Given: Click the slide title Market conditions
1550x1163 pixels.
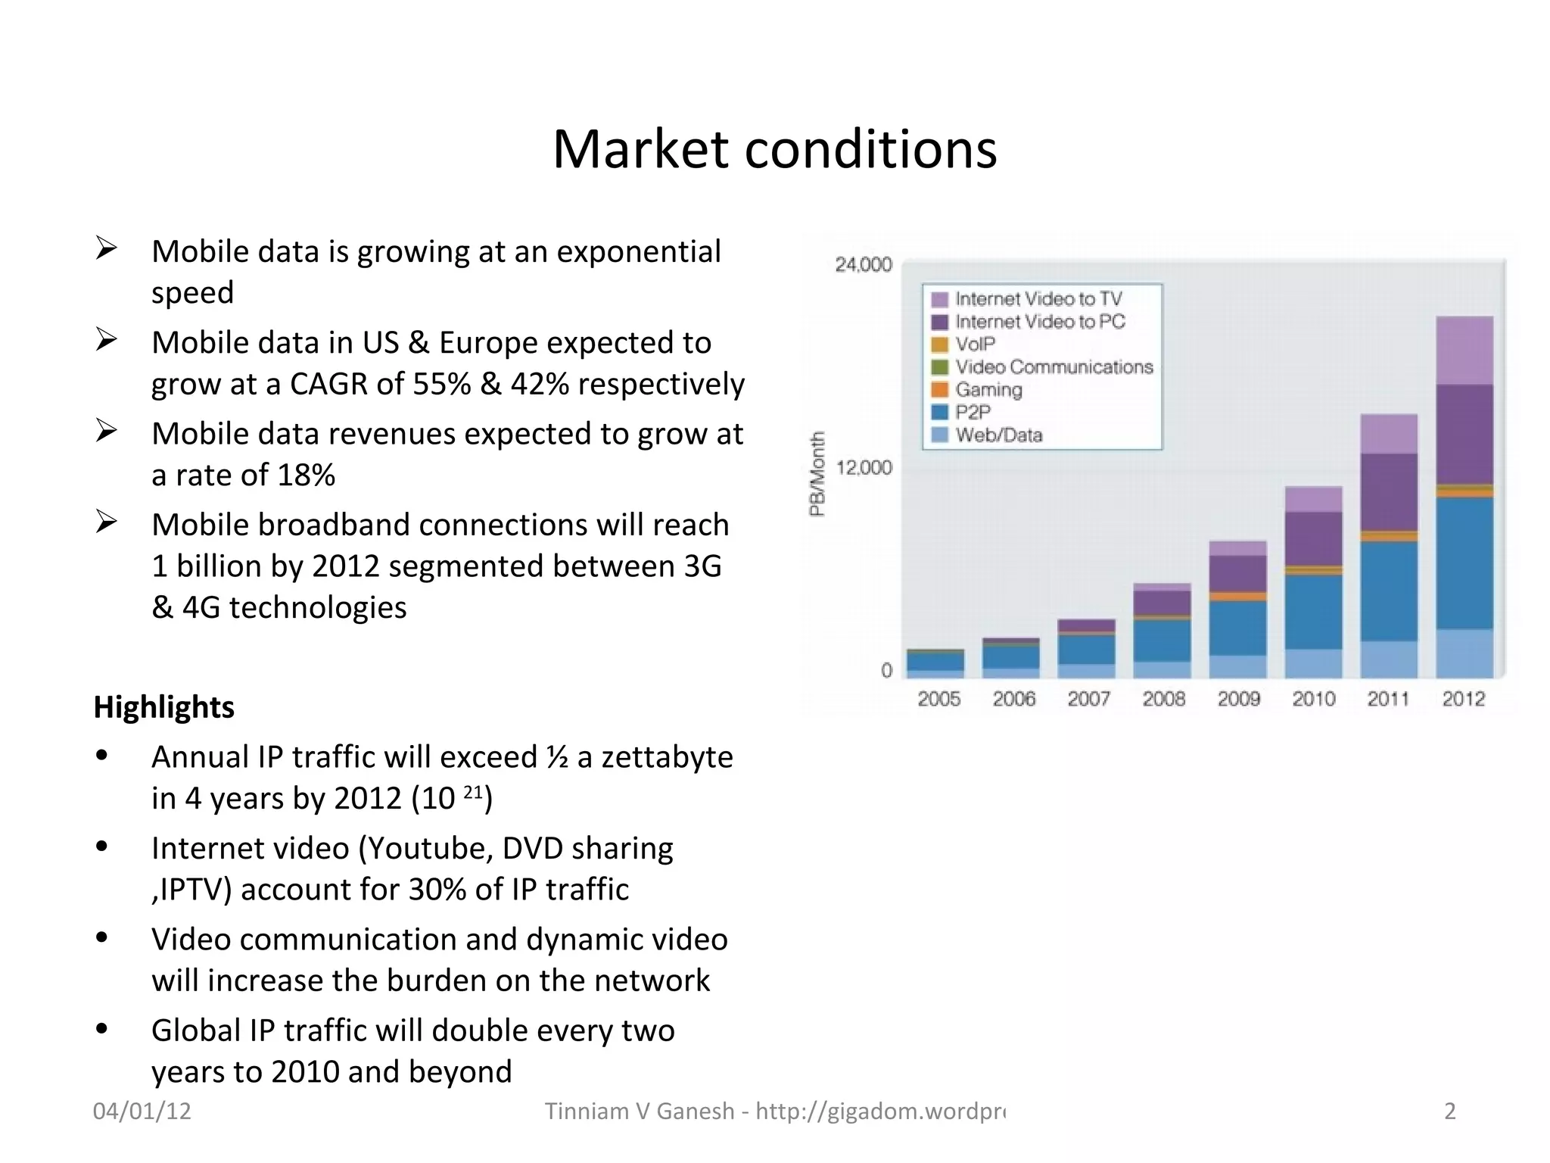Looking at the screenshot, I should pos(774,149).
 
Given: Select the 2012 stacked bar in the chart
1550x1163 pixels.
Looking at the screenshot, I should pos(1464,497).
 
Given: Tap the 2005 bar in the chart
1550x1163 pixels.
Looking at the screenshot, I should pos(935,663).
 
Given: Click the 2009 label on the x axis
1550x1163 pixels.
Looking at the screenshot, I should pos(1238,699).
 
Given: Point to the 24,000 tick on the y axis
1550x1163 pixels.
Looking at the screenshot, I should pos(864,264).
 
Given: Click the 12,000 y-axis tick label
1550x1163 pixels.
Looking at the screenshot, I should pos(864,467).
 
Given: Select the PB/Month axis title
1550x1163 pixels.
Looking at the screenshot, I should pos(817,474).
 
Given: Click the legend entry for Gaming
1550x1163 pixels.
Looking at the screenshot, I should pos(988,390).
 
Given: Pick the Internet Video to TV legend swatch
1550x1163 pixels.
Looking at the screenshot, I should pos(939,299).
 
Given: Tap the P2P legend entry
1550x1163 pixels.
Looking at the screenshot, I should pos(973,413).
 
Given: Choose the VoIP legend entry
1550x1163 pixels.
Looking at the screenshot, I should pos(975,345).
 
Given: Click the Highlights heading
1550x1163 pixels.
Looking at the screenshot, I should pos(163,707).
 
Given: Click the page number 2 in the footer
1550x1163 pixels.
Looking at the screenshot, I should pos(1449,1111).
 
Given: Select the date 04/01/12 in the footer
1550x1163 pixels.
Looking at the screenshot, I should pos(142,1111).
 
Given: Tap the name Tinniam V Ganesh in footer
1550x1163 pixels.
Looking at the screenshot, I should pos(640,1111).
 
